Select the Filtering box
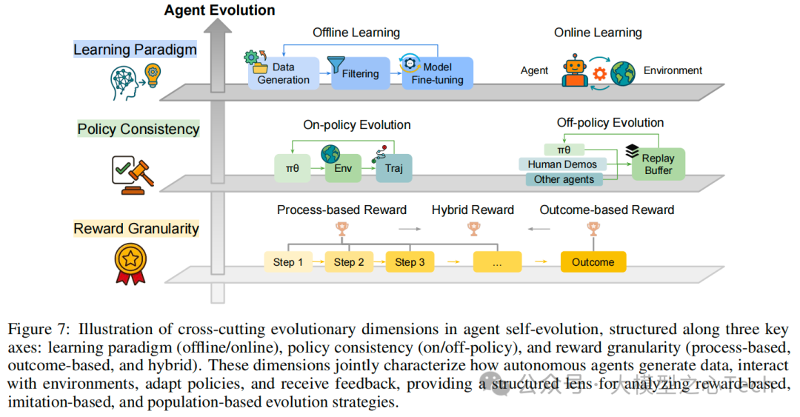point(360,73)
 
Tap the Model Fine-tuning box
point(437,73)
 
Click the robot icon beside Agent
point(574,70)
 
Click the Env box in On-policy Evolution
point(343,167)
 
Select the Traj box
point(393,168)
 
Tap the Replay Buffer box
point(659,164)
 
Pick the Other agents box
point(564,179)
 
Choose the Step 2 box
point(349,262)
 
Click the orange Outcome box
point(593,262)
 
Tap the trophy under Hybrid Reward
point(473,230)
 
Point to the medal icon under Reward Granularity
point(131,261)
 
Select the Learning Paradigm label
point(135,50)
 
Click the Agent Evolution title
point(219,10)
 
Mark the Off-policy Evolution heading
point(610,123)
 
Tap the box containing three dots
point(497,262)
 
